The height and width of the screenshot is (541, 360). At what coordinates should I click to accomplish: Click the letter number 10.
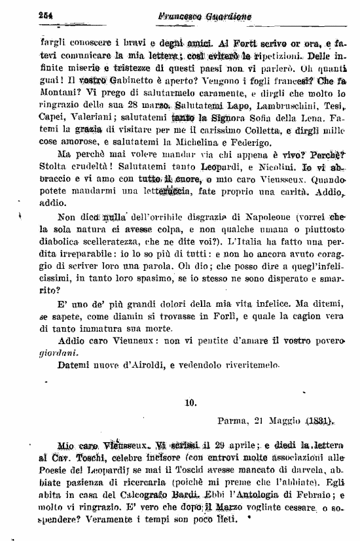point(190,403)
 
